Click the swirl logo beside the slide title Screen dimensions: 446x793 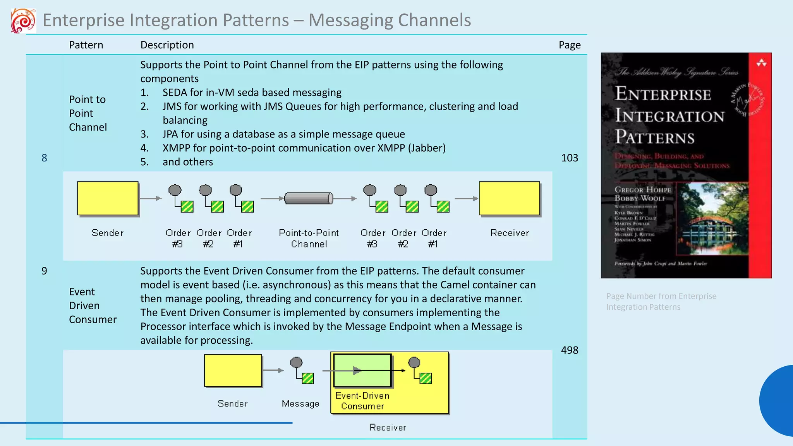23,21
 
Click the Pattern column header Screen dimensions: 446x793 86,45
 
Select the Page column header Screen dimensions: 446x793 569,45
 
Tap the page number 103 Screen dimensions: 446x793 569,158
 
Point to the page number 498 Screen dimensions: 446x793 569,350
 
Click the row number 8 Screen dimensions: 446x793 44,158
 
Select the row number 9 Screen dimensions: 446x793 44,271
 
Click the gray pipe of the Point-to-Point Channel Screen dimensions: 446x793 308,198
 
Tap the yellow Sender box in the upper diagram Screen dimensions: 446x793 108,198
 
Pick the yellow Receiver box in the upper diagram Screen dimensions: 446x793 509,198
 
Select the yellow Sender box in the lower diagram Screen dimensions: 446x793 233,371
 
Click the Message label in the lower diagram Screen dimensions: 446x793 300,403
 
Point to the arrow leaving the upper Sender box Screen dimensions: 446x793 150,198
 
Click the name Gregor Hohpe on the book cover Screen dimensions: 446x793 642,190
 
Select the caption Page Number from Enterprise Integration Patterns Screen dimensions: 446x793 661,301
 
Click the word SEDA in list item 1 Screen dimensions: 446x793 175,93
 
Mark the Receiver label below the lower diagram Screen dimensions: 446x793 388,427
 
